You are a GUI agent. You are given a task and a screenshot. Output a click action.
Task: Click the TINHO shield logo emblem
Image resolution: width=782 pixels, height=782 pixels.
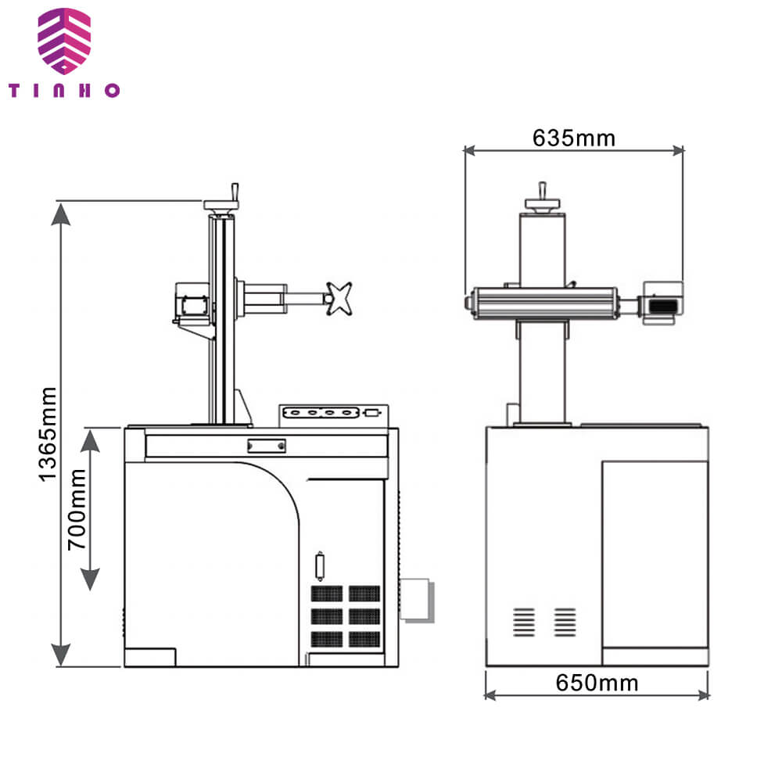click(64, 41)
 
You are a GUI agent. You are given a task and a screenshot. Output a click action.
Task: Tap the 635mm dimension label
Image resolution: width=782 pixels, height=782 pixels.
click(573, 138)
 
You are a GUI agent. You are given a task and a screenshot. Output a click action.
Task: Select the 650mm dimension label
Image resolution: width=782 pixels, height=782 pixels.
click(597, 683)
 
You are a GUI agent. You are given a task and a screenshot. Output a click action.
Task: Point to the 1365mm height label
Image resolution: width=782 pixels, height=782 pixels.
click(48, 434)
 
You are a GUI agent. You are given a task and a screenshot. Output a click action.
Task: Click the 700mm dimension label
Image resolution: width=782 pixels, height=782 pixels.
click(77, 510)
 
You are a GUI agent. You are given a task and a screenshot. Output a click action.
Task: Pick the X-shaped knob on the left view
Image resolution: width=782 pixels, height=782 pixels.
click(339, 298)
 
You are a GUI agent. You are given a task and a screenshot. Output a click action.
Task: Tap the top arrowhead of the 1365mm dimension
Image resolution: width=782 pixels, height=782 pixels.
click(61, 214)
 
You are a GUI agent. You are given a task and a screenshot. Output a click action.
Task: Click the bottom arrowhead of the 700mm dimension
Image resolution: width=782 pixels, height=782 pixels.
click(90, 579)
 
